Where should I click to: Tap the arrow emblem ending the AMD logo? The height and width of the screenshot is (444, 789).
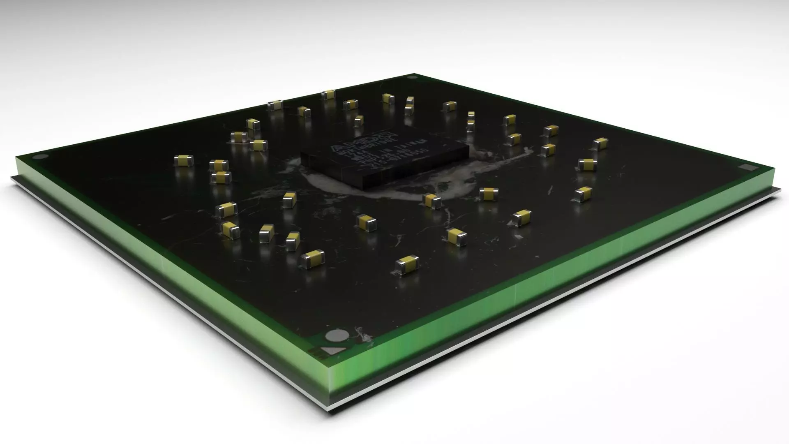390,136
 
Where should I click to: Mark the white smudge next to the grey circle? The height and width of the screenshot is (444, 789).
364,335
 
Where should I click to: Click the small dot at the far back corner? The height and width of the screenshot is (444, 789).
412,77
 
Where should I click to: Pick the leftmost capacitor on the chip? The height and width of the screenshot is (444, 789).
183,160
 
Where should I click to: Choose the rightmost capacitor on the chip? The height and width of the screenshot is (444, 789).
600,143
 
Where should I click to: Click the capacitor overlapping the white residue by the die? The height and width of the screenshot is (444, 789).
432,200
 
